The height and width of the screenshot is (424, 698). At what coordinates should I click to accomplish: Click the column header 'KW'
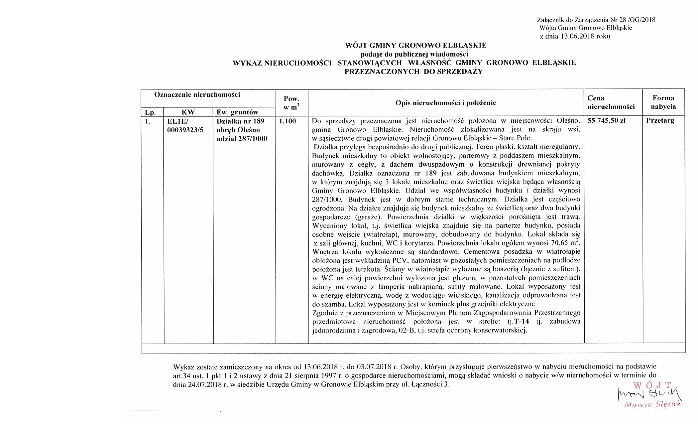point(188,112)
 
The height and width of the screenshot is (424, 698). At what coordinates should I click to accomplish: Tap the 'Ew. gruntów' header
point(237,112)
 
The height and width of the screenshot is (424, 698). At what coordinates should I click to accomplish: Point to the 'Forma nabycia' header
point(663,102)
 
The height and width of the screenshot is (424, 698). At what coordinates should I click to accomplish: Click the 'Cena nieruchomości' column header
point(611,102)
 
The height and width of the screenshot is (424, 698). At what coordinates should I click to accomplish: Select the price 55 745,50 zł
point(606,121)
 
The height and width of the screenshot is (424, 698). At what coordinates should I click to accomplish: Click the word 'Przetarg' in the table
point(660,121)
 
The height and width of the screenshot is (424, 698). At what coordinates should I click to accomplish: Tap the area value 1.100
point(288,121)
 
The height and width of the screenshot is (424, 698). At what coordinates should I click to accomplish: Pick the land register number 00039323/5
point(185,130)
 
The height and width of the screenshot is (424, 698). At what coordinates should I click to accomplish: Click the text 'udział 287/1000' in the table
point(242,139)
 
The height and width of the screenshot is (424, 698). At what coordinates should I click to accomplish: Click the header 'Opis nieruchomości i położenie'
point(445,103)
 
